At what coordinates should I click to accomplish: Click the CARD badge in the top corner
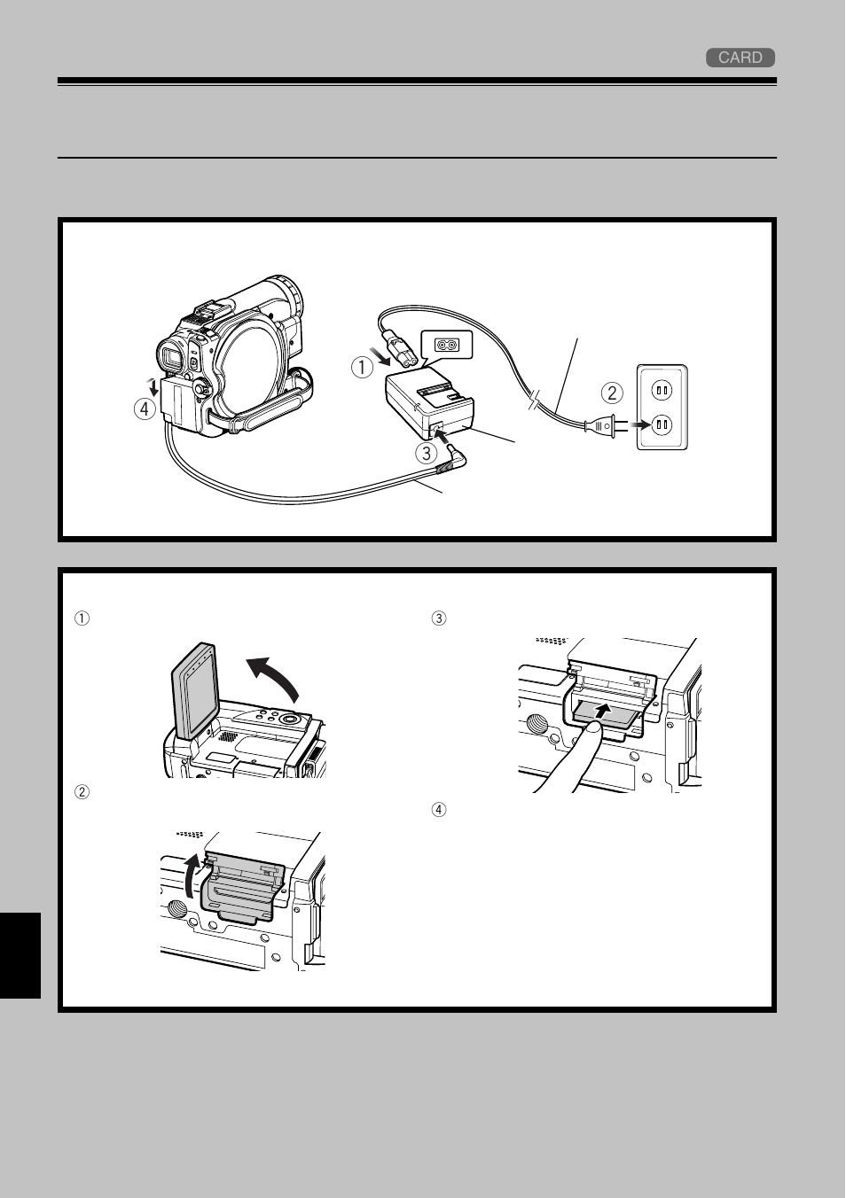[740, 58]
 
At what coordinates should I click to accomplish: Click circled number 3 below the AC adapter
[427, 453]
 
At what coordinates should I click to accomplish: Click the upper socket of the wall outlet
[661, 388]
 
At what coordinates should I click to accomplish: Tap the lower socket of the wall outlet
[661, 425]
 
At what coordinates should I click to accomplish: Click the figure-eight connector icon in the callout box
[446, 345]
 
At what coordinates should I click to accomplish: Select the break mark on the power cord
[531, 406]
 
